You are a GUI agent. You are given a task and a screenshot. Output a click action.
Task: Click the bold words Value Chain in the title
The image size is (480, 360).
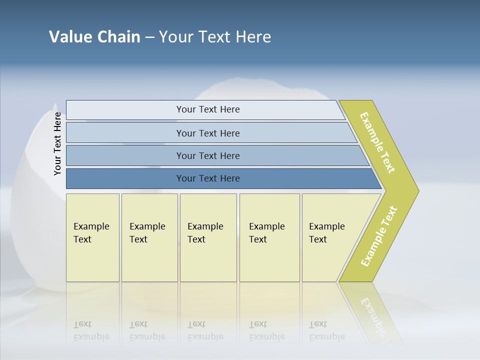click(x=94, y=36)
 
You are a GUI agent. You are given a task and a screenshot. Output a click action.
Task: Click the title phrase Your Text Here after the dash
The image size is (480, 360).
click(x=215, y=36)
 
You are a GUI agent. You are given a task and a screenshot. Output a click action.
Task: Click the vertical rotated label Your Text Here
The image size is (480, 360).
click(x=57, y=144)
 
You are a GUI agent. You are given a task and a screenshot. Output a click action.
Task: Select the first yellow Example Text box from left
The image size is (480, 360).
click(x=92, y=237)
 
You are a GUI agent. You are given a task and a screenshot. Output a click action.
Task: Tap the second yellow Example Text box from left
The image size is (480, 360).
click(x=149, y=237)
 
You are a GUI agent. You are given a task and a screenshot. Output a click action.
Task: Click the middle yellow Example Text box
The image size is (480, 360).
click(x=208, y=237)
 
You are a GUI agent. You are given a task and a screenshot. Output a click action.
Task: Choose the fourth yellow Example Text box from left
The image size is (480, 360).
click(x=269, y=237)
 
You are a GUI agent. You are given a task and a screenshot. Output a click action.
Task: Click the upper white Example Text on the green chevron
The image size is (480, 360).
click(x=377, y=142)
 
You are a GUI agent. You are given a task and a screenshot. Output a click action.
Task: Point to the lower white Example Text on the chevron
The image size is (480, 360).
click(x=379, y=236)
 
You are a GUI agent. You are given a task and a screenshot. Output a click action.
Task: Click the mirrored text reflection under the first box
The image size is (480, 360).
click(x=91, y=330)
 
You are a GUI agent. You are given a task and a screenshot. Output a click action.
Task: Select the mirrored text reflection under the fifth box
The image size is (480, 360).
click(x=327, y=330)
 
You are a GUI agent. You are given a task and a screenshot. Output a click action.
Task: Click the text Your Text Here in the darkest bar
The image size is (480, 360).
click(x=208, y=178)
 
